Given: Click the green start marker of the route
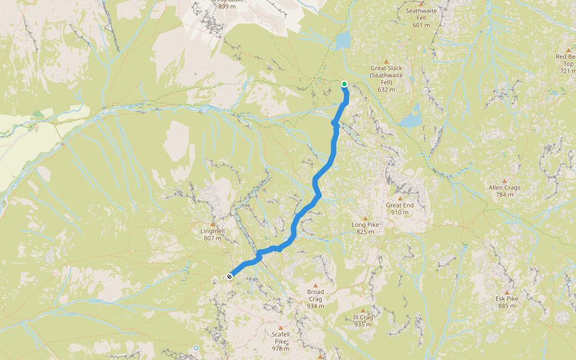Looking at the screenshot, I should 344,84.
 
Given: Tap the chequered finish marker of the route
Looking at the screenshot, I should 230,277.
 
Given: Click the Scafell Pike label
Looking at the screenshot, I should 281,338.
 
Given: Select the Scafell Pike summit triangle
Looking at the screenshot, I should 280,328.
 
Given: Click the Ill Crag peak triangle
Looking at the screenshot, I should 362,310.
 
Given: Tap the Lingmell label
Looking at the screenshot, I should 212,230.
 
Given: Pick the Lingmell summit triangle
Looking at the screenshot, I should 212,224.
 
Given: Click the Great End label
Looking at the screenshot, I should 400,205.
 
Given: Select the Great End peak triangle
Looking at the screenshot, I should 400,198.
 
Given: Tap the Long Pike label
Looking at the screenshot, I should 365,225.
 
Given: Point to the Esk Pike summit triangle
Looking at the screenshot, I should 506,292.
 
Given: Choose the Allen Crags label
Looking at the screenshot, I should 504,187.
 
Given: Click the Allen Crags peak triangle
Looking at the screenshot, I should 504,181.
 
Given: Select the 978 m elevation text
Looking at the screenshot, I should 281,349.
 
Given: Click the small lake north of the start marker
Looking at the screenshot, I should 343,40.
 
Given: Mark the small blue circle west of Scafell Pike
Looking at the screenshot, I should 196,347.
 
